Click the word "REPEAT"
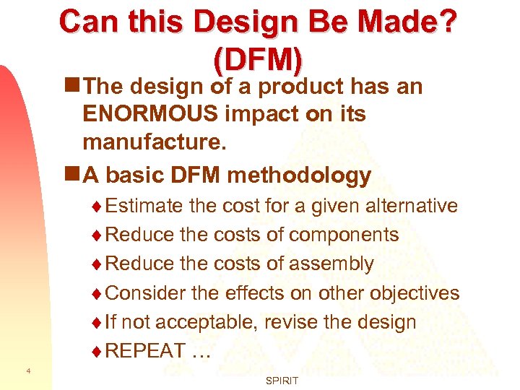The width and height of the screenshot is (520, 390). click(x=145, y=350)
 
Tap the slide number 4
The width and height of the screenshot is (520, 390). click(x=27, y=370)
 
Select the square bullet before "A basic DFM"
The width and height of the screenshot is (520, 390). click(x=71, y=175)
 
